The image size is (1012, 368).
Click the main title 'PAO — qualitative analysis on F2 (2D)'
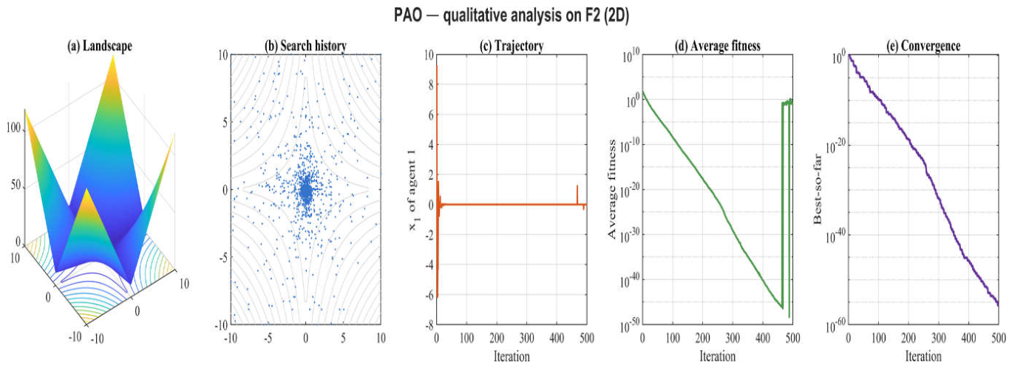[511, 16]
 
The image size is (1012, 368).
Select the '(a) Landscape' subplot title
[100, 46]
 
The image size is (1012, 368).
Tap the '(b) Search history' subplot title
[305, 46]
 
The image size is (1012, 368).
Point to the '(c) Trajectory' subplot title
[512, 46]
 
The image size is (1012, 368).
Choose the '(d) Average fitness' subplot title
[718, 46]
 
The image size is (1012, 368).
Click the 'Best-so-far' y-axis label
[817, 188]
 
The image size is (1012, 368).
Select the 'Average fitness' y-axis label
[611, 188]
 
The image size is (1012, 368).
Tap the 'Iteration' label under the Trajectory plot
[512, 357]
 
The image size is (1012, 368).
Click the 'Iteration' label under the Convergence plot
[923, 357]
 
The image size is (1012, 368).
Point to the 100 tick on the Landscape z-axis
[13, 128]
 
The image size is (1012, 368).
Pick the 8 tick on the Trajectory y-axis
[430, 85]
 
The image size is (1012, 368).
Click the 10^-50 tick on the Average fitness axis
[629, 325]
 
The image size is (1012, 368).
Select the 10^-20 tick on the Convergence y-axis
[835, 146]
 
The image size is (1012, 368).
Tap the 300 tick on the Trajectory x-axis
[527, 338]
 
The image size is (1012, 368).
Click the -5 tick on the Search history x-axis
[268, 338]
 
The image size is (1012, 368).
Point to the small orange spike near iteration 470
[577, 194]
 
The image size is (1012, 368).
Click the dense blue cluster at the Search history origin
[306, 192]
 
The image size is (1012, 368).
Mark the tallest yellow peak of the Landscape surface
[113, 58]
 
